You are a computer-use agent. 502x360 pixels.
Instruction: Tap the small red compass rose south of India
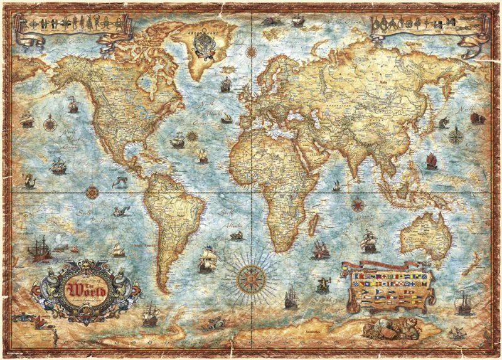(x=358, y=203)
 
